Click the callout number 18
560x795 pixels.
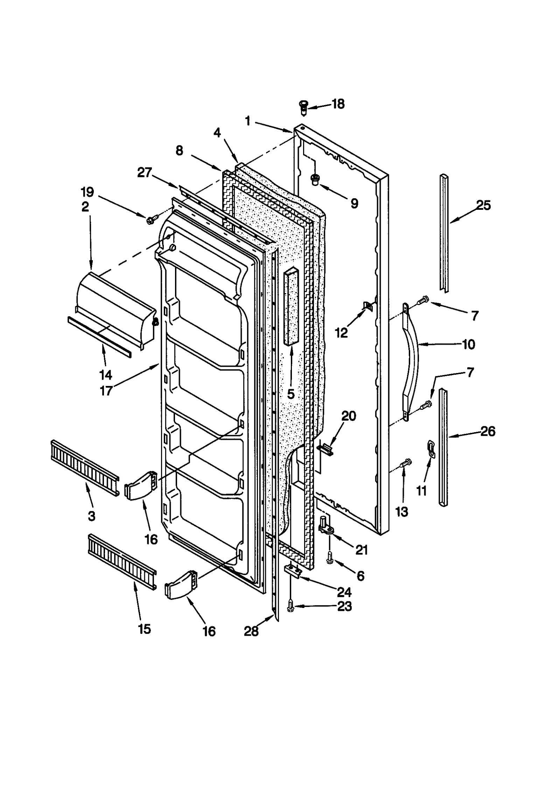[338, 104]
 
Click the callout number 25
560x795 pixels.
[483, 205]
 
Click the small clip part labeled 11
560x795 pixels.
[431, 449]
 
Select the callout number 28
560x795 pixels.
[251, 631]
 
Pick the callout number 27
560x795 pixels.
[145, 173]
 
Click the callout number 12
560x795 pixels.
[341, 333]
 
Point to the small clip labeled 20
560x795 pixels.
[325, 449]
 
